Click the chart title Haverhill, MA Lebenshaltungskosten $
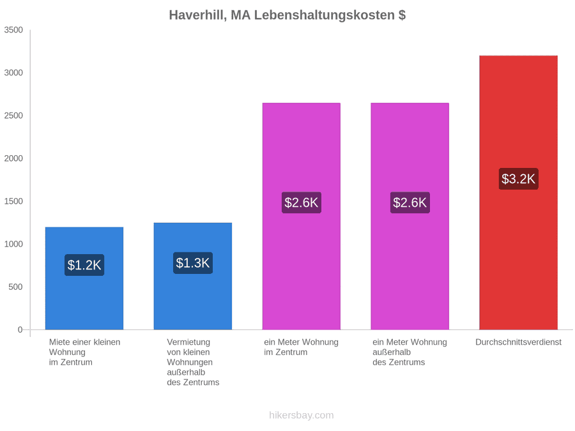click(287, 15)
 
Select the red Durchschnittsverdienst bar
click(518, 192)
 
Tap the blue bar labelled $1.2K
click(84, 278)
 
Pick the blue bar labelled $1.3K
click(193, 276)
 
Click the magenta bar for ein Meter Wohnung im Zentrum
click(302, 216)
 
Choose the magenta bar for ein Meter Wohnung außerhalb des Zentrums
click(410, 216)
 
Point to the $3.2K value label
click(518, 179)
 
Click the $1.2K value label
click(84, 265)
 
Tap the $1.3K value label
click(193, 263)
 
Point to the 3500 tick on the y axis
click(13, 30)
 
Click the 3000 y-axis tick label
click(13, 73)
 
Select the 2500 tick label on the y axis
click(13, 116)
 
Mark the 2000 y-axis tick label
click(13, 158)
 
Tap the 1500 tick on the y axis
click(13, 201)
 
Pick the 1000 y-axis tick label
click(13, 244)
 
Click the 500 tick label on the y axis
click(16, 287)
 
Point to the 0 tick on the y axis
click(20, 330)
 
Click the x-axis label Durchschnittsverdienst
click(518, 342)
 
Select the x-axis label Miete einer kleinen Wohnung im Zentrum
click(85, 352)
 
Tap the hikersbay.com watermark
click(302, 415)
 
